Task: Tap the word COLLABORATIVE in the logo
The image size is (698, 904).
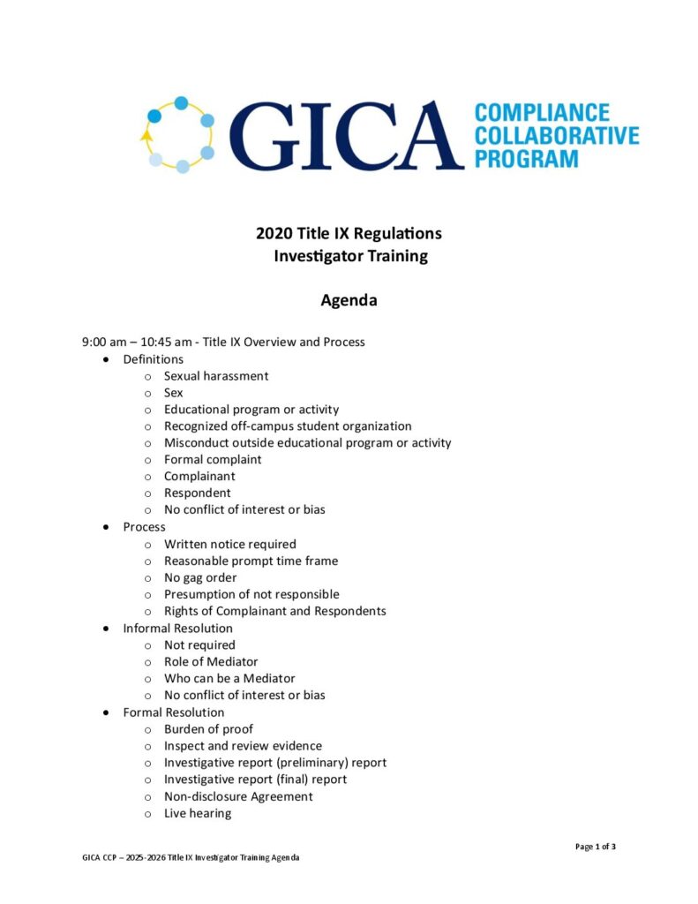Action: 556,136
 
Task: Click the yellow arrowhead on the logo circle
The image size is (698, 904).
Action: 145,136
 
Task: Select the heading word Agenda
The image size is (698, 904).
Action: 349,300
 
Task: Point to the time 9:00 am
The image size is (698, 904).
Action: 104,342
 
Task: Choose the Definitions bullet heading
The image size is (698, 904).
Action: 154,359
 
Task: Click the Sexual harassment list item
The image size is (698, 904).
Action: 216,376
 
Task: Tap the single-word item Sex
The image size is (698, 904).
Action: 174,393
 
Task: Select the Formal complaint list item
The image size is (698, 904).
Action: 213,459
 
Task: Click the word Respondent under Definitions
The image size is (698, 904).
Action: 198,493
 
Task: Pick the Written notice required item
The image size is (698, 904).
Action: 230,544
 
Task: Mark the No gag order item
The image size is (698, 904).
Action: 200,577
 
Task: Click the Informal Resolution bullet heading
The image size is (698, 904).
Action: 178,629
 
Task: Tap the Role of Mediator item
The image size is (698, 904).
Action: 211,661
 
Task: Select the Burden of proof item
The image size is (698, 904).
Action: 208,729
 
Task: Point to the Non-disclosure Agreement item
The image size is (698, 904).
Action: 238,796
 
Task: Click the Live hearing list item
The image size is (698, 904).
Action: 198,813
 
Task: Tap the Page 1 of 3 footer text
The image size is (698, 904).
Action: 596,847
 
